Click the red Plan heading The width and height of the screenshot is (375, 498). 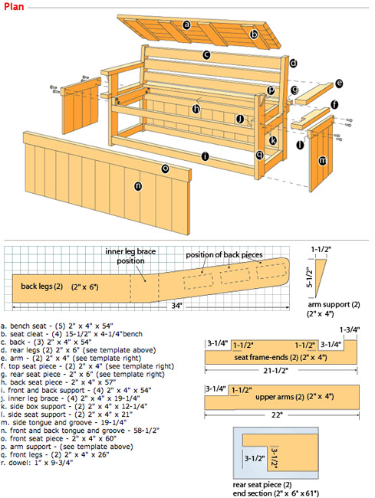coord(14,6)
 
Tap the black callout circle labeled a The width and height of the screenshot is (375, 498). coord(187,25)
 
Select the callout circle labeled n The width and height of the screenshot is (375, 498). coord(138,186)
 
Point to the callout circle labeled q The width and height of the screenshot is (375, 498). coord(260,155)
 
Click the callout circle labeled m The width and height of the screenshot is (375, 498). coord(322,161)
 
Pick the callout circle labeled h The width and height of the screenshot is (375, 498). coord(196,109)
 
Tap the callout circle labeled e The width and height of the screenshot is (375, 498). coord(339,84)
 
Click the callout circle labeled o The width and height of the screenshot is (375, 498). coord(165,169)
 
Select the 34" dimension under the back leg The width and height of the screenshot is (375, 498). coord(176,306)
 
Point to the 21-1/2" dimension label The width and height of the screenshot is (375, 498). coord(275,370)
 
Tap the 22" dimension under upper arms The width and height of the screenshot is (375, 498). coord(276,414)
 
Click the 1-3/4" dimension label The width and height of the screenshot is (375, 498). coord(350,329)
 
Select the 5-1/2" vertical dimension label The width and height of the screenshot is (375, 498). coord(309,277)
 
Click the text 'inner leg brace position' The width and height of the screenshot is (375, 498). coord(130,256)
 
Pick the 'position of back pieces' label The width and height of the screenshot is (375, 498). coord(224,254)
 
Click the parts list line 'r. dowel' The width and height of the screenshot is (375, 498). coord(37,463)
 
